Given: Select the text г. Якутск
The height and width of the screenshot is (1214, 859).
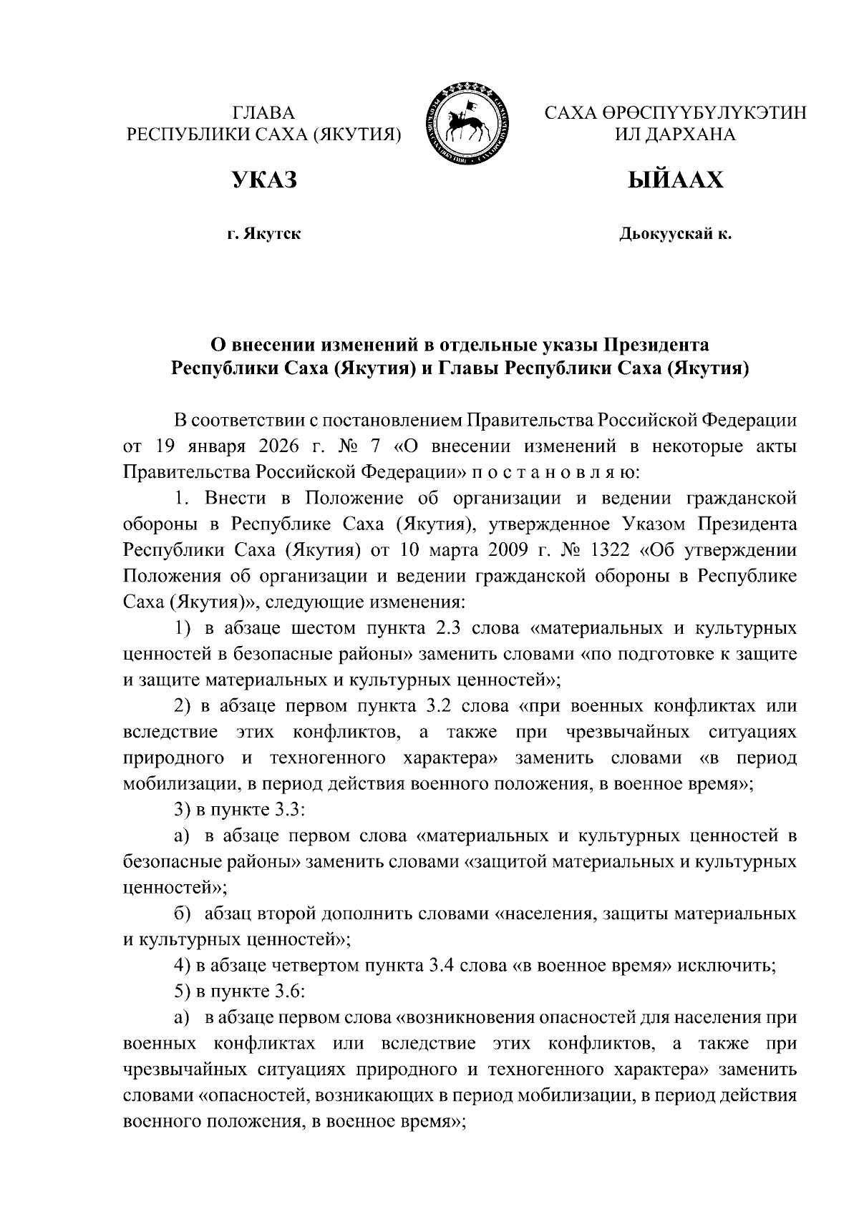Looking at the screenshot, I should click(263, 233).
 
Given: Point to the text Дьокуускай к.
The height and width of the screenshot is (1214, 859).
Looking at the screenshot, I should click(675, 233).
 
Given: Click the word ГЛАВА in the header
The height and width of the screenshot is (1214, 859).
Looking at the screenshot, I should click(263, 113).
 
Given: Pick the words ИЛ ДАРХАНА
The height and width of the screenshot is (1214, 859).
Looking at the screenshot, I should click(675, 134).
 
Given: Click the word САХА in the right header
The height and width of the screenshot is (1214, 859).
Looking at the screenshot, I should click(569, 113).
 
